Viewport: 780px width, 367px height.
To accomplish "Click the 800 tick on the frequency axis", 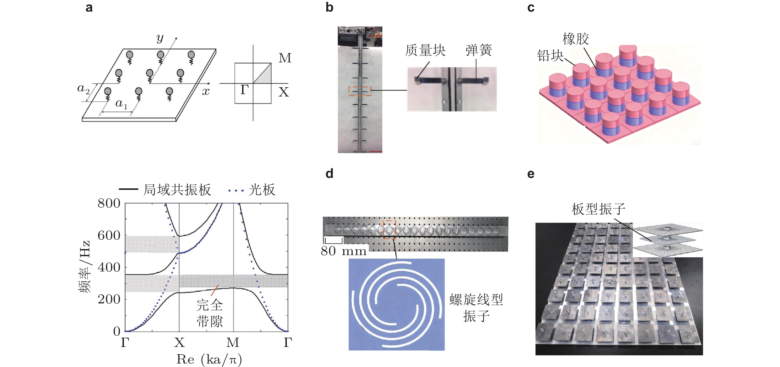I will pos(109,203).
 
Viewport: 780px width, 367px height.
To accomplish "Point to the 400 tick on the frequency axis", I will pos(109,268).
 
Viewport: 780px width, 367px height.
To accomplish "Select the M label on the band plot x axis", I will pos(233,343).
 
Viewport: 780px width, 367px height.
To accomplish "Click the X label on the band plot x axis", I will pos(180,343).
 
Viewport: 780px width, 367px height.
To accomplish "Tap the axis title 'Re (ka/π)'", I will pos(209,359).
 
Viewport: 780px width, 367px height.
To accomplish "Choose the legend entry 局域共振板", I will pos(177,190).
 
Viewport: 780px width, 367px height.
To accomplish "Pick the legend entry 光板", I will pos(262,190).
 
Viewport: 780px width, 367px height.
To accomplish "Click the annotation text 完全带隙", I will pos(209,313).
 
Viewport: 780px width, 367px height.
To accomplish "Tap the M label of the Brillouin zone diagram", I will pos(285,58).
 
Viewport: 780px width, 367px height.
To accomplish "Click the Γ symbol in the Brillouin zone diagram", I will pos(245,90).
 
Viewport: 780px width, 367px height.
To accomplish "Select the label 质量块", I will pos(425,50).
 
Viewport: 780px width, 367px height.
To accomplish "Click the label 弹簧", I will pos(478,50).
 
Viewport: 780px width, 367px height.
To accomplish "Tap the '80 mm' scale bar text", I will pos(344,251).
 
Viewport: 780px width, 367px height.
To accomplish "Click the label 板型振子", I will pos(598,209).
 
